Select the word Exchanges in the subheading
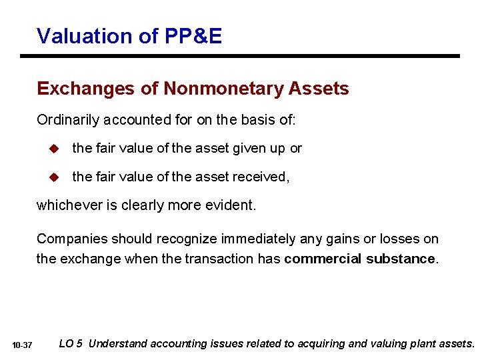[80, 89]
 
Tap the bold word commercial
[323, 259]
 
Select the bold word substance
[403, 259]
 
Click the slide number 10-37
[22, 345]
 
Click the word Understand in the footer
[118, 344]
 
